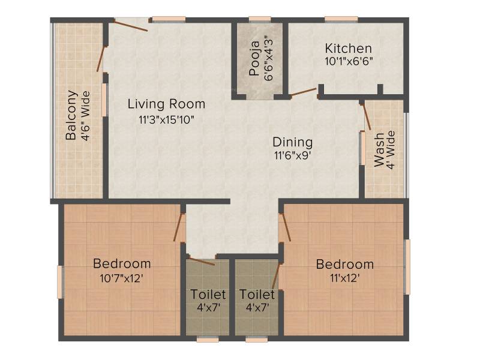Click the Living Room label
tap(166, 104)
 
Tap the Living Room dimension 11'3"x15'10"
tap(167, 119)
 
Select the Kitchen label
tap(349, 49)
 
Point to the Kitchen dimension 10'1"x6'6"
tap(349, 62)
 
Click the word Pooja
tap(254, 58)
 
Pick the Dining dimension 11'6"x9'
tap(293, 155)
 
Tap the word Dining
tap(293, 142)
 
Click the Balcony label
tap(71, 115)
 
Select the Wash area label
tap(379, 149)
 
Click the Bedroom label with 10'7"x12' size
tap(122, 263)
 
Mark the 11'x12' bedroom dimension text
tap(344, 278)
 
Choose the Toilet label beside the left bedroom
tap(208, 295)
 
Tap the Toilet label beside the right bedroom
tap(257, 295)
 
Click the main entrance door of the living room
tap(131, 25)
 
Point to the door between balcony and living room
tap(101, 59)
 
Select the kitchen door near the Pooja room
tap(304, 92)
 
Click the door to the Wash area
tap(366, 117)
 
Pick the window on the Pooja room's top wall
tap(260, 20)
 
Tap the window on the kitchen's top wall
tap(341, 20)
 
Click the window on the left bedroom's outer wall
tap(61, 282)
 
